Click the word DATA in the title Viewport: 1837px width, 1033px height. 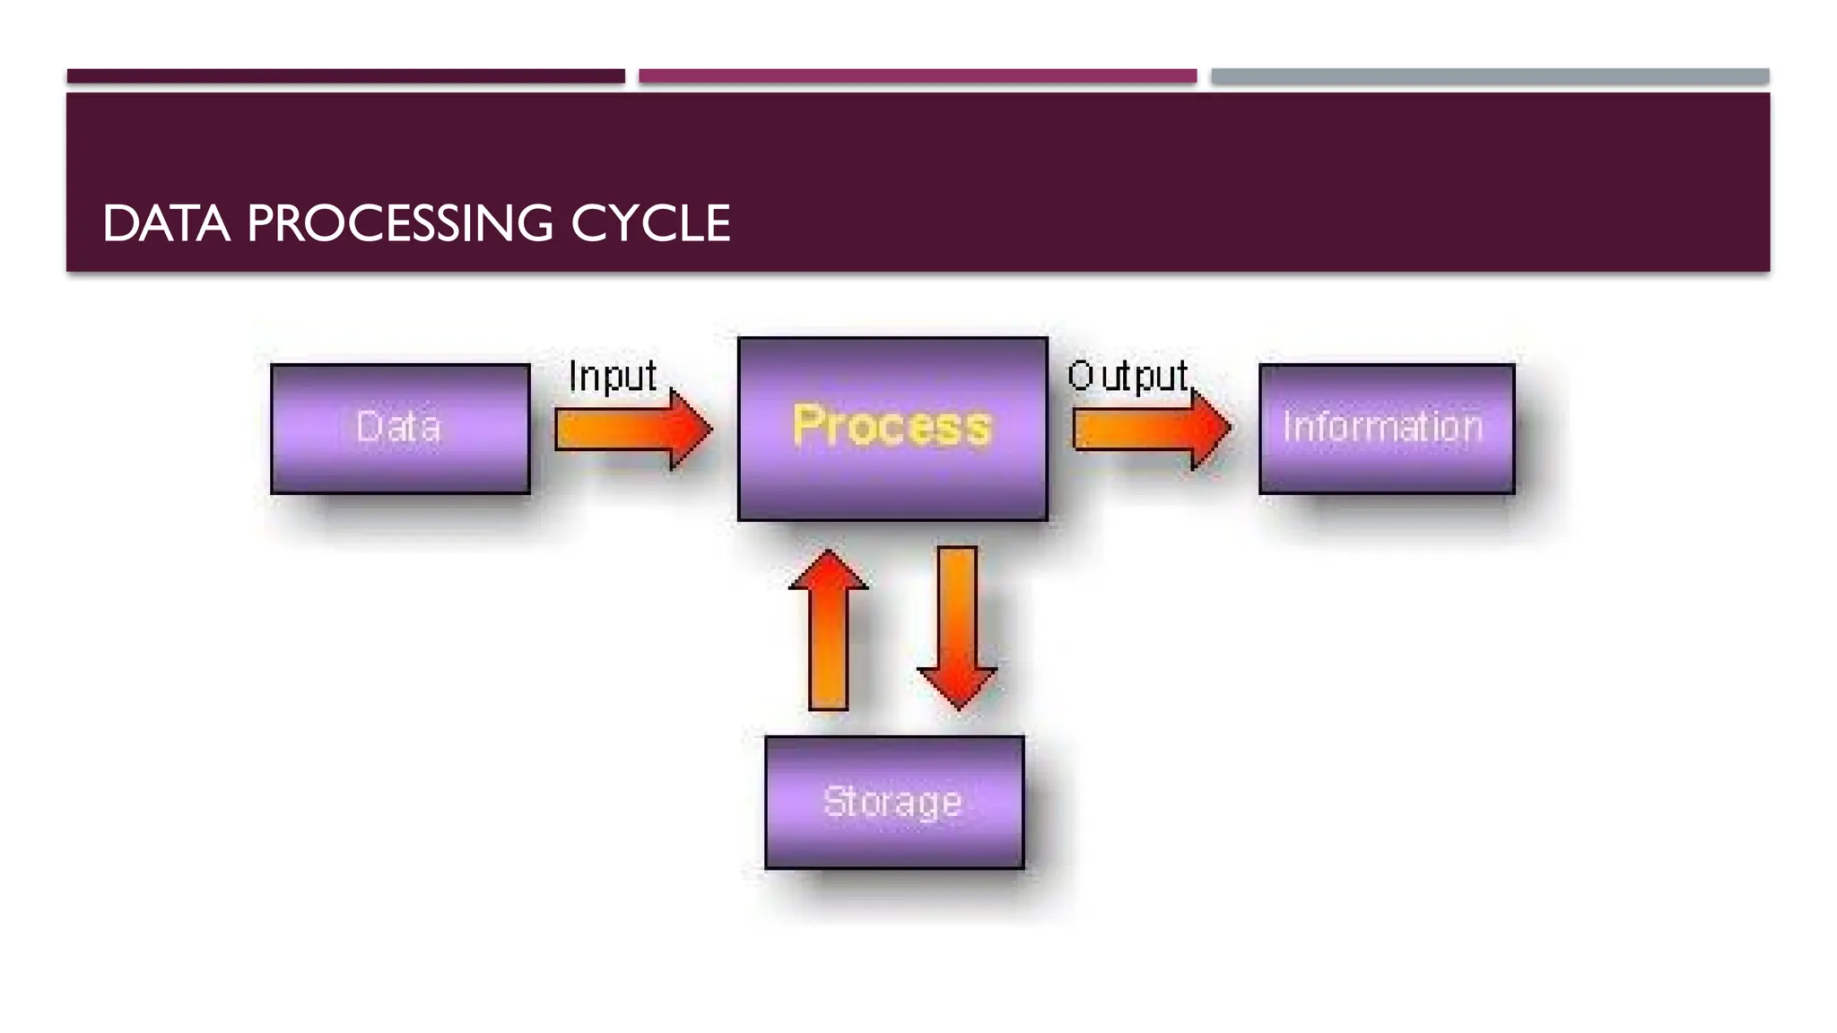click(166, 223)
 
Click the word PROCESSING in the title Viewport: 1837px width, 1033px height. click(400, 223)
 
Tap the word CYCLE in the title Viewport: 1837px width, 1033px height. click(650, 223)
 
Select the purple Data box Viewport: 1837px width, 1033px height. click(400, 429)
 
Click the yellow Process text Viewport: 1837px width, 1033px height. click(892, 426)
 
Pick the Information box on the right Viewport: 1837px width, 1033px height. click(1386, 429)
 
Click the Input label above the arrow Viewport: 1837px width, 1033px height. click(613, 376)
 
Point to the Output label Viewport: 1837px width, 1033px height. click(1127, 376)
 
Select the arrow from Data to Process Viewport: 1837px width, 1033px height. click(628, 430)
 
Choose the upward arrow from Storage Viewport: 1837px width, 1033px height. click(828, 637)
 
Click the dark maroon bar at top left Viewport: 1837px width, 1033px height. click(345, 76)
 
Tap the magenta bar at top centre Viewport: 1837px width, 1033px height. click(917, 76)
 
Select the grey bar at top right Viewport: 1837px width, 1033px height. click(1490, 76)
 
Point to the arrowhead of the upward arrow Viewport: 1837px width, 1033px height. click(828, 569)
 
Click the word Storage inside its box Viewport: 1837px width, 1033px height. click(892, 802)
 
